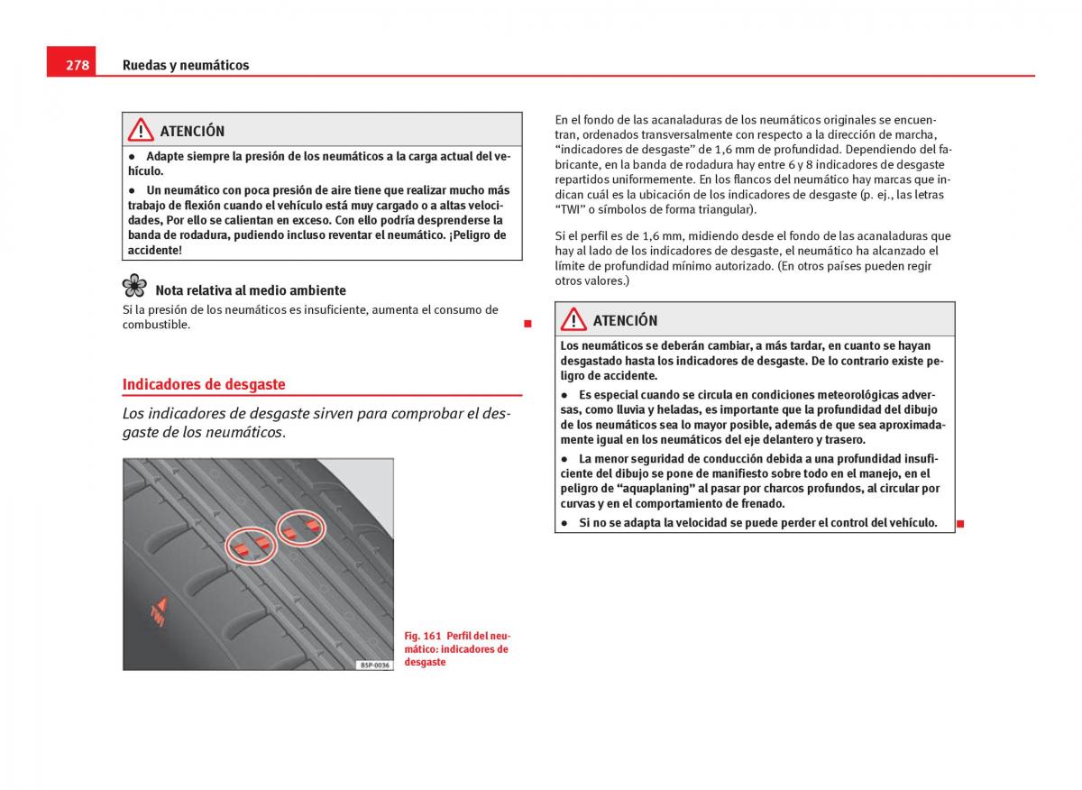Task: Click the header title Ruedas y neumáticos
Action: [x=186, y=65]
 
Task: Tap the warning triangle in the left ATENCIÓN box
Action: [x=141, y=130]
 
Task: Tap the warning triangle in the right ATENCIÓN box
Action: [x=573, y=319]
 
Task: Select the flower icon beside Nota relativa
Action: [x=134, y=286]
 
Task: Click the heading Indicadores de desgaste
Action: [x=204, y=384]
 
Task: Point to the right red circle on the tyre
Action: [x=301, y=529]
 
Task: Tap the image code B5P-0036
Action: [x=374, y=665]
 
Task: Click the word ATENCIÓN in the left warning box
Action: [x=192, y=131]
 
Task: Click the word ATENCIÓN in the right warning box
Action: [x=625, y=320]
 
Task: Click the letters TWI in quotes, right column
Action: [x=570, y=209]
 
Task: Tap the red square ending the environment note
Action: [x=527, y=323]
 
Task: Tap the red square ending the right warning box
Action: [x=960, y=524]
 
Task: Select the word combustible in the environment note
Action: [x=156, y=325]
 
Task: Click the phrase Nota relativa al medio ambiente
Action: [x=251, y=290]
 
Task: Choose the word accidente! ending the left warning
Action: [x=155, y=250]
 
